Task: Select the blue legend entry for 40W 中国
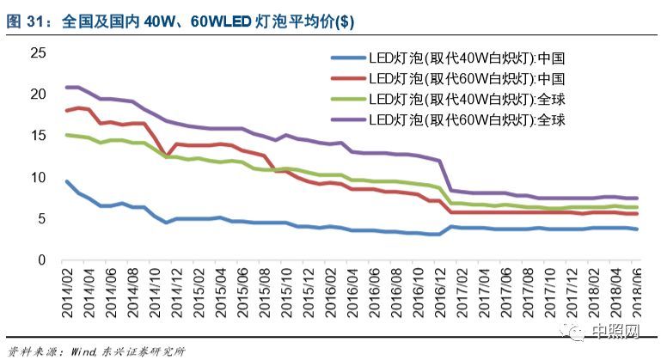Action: [x=447, y=59]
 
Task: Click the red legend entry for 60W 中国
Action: [x=447, y=79]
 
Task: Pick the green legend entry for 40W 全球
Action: [x=447, y=99]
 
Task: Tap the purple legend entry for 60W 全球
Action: [x=447, y=119]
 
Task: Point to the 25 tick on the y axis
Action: [x=37, y=53]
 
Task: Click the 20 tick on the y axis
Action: [x=37, y=95]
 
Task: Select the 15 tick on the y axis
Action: [x=37, y=136]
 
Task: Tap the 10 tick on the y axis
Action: [x=37, y=177]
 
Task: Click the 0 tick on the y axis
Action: [x=40, y=260]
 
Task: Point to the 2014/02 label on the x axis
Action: [x=68, y=292]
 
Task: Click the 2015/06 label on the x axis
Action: [x=245, y=292]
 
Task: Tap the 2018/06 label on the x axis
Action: [x=635, y=292]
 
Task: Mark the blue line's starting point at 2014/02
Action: [x=67, y=181]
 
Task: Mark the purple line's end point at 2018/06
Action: [x=635, y=198]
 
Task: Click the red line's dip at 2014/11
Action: [x=166, y=155]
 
